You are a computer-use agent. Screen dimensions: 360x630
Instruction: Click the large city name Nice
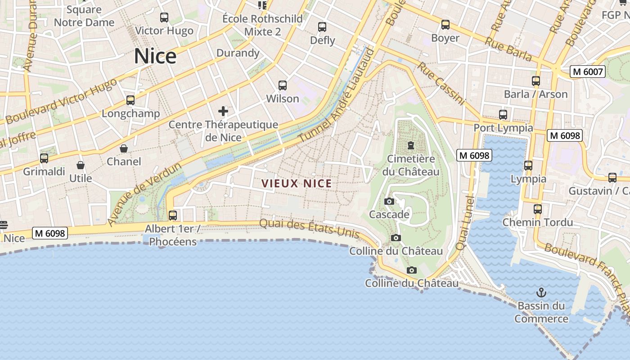pos(155,56)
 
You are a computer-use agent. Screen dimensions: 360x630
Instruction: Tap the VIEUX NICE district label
pos(297,184)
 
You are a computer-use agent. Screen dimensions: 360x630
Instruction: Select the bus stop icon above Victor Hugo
pos(164,18)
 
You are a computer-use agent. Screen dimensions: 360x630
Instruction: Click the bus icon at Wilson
pos(283,85)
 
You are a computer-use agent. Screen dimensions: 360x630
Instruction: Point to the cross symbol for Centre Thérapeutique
pos(223,111)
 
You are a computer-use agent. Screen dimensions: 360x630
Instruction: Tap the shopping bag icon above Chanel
pos(124,148)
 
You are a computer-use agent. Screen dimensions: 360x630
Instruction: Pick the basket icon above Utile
pos(81,165)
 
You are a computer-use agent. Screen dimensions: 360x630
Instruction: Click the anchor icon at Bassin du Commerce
pos(541,293)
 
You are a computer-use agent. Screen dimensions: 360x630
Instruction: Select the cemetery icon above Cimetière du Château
pos(411,145)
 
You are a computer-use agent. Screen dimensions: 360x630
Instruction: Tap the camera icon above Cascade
pos(389,201)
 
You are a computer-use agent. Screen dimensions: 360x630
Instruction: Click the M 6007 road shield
pos(588,72)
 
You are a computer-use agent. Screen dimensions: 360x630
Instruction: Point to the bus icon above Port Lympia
pos(503,115)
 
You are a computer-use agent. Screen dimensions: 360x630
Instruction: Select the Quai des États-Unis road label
pos(310,228)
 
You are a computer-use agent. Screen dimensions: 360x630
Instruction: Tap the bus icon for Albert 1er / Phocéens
pos(173,215)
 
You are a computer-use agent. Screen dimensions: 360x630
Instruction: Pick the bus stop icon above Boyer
pos(445,25)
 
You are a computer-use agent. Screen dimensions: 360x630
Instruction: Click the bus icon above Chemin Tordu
pos(538,209)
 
